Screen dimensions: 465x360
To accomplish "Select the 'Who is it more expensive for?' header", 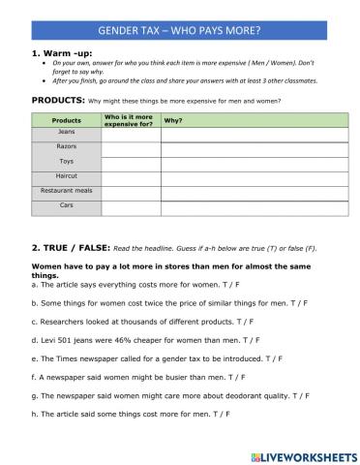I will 130,119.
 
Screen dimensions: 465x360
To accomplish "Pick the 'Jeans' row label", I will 66,132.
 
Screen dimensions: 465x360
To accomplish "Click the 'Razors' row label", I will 66,146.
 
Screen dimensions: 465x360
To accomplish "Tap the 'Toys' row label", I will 66,161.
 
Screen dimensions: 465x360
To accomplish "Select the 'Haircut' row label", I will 66,176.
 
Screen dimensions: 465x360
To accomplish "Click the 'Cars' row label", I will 66,205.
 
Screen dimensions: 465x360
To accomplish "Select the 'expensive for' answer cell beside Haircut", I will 130,177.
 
